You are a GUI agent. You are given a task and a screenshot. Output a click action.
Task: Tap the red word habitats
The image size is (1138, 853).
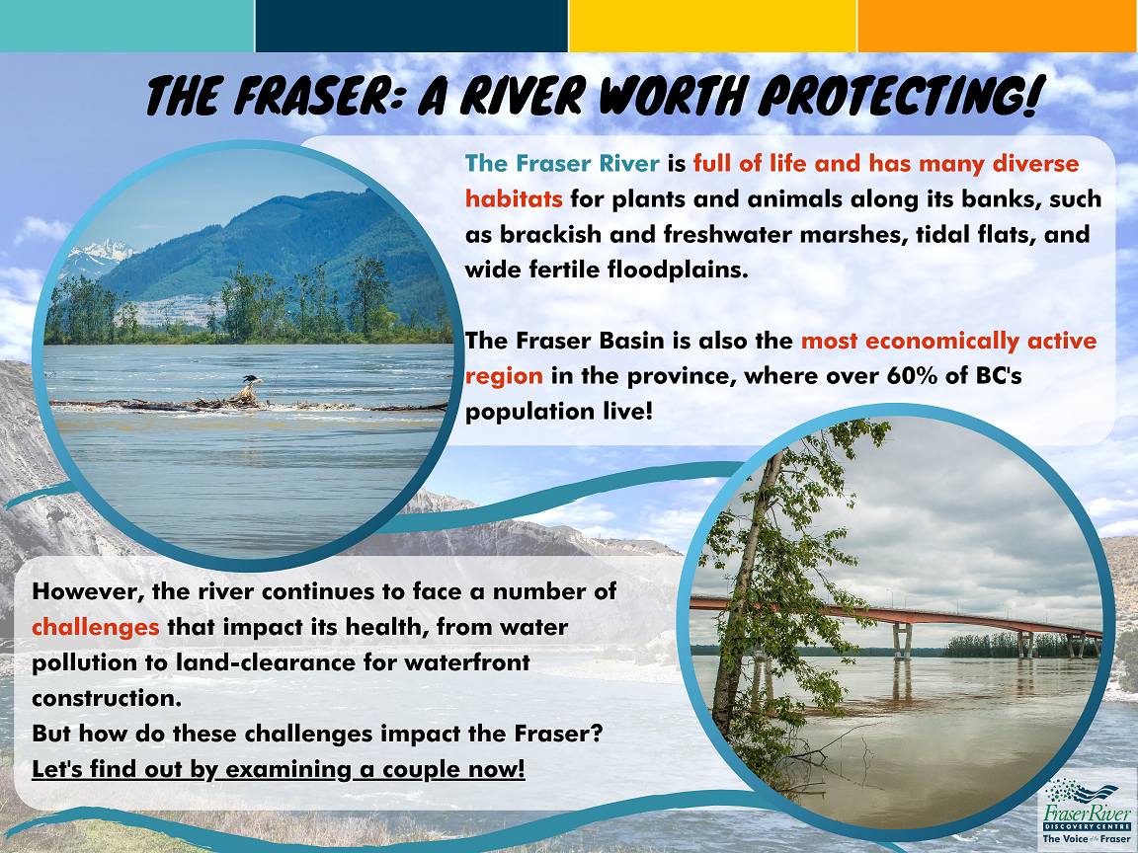point(514,197)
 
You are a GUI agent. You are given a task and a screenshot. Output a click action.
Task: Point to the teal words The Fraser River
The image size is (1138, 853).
point(562,163)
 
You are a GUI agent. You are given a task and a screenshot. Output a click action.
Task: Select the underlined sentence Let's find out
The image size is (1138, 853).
point(278,768)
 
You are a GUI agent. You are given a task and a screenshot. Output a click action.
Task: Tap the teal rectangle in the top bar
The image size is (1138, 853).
point(126,26)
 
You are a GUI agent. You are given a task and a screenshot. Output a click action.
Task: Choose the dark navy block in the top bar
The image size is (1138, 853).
point(411,26)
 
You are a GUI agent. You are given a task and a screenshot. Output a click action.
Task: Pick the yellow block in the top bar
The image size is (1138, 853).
point(712,26)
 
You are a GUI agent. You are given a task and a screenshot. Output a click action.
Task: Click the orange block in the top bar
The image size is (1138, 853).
point(997,26)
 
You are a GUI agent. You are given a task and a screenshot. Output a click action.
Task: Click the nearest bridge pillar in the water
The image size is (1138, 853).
point(902,642)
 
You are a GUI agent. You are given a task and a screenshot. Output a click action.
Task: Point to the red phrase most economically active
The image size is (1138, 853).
point(948,342)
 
